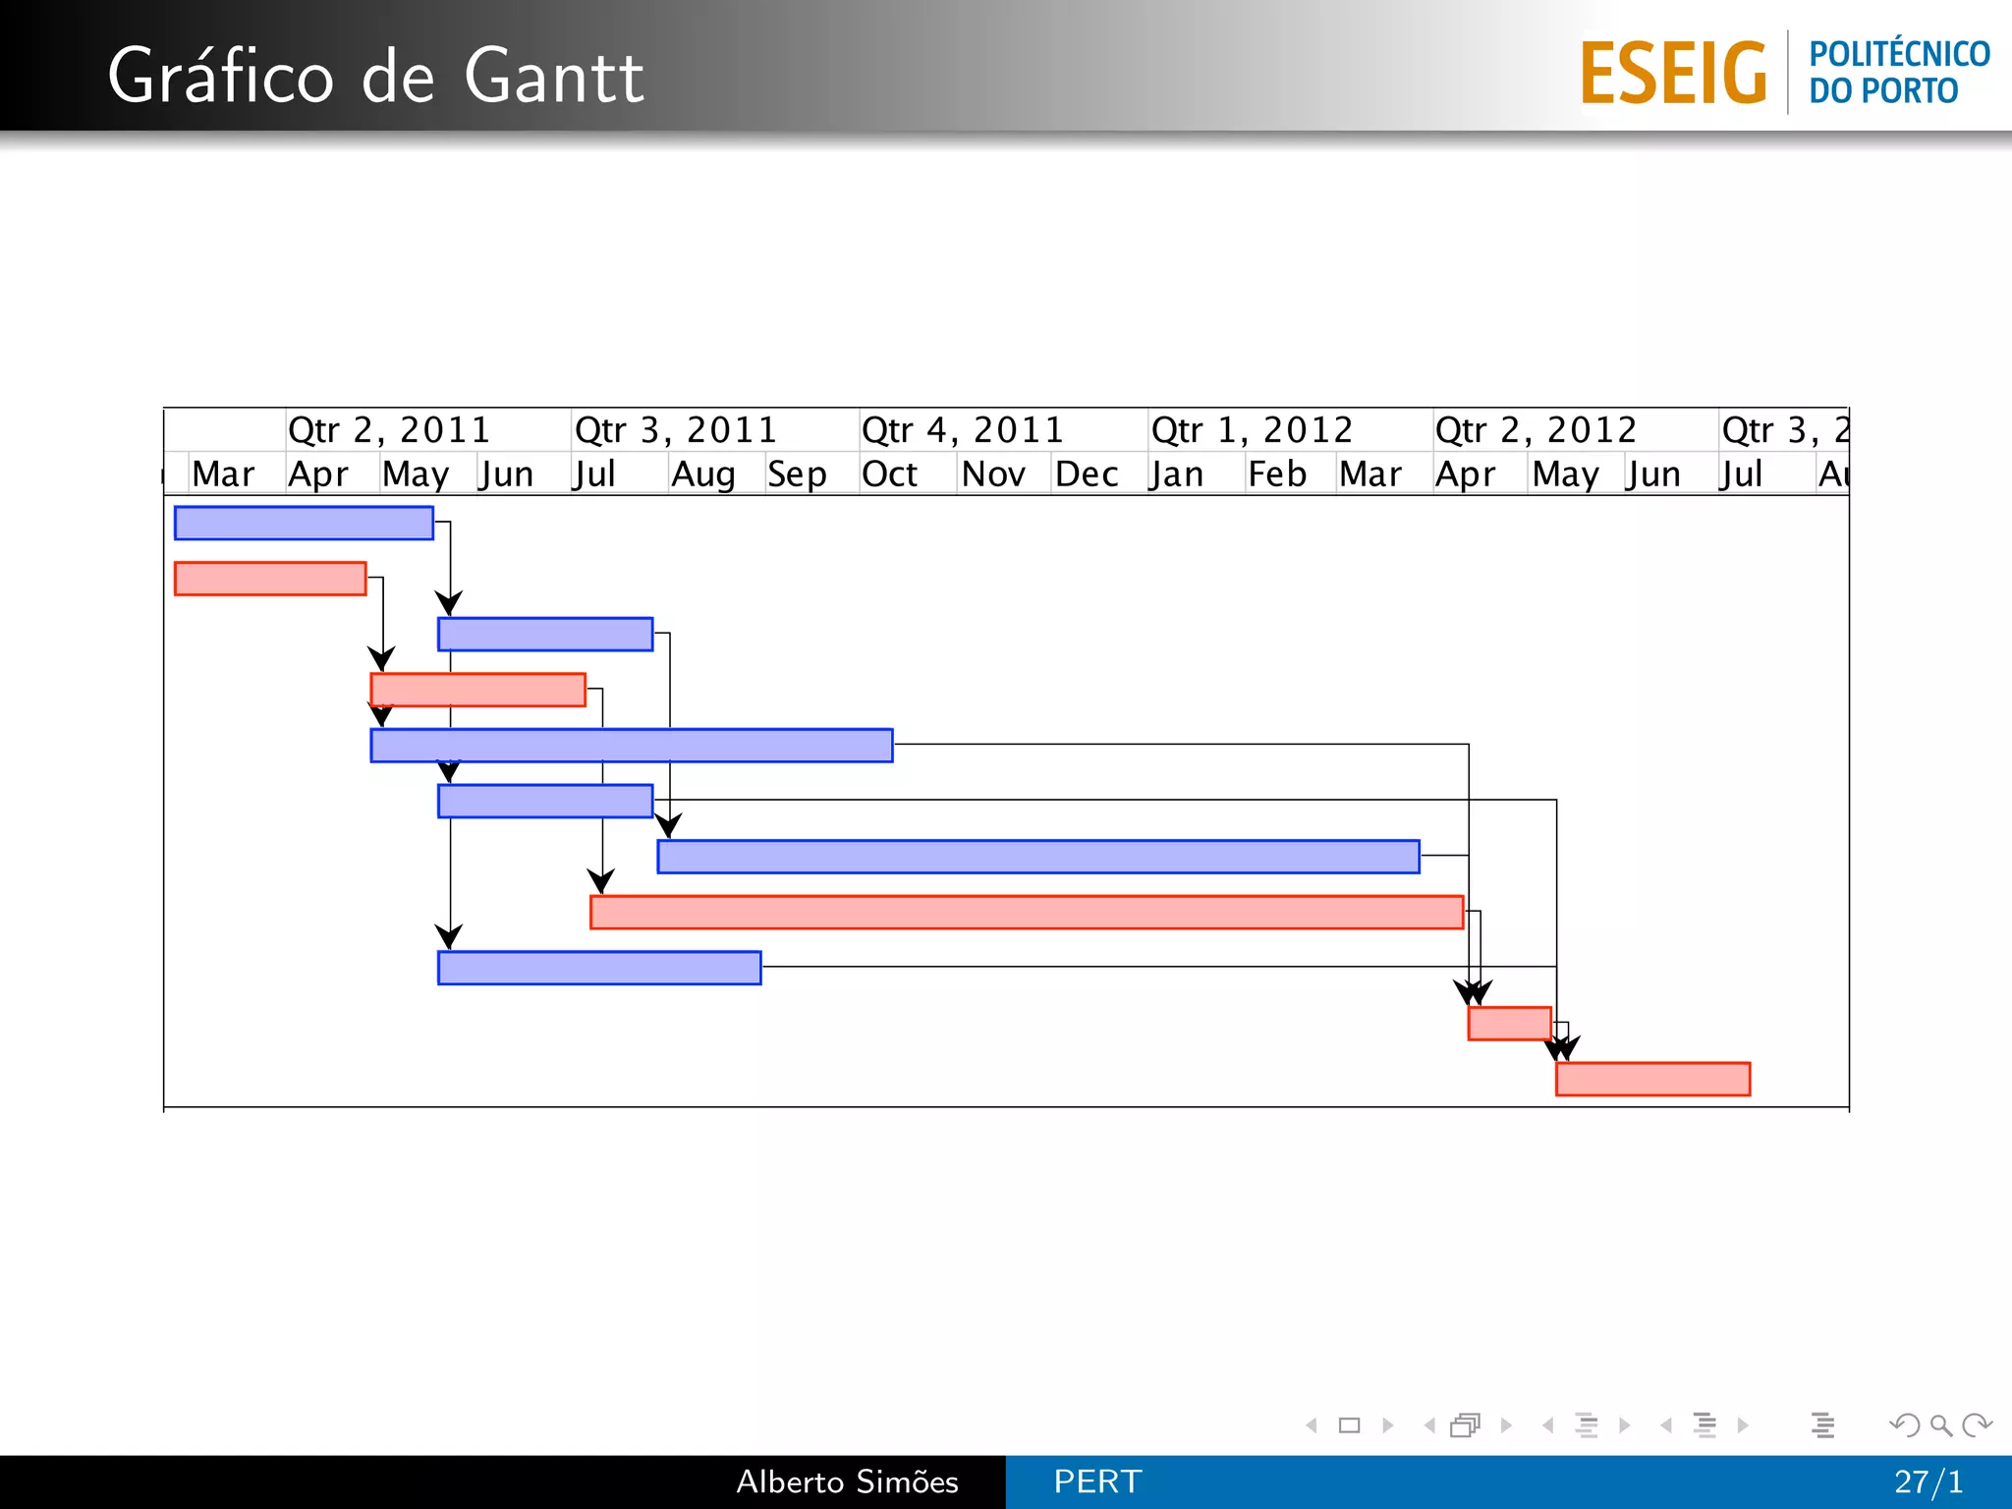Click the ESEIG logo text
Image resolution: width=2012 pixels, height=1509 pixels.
[1673, 74]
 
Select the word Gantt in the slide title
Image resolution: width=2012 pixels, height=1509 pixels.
[553, 77]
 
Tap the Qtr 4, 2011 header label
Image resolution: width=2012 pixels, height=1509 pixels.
[963, 430]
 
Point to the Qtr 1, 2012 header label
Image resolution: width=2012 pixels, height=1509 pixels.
[1252, 430]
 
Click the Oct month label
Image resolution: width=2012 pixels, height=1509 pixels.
[889, 475]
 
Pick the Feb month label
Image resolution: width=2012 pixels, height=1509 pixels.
[1276, 475]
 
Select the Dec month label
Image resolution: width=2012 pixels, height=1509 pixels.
[1087, 475]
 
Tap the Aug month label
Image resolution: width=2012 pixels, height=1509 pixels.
[702, 475]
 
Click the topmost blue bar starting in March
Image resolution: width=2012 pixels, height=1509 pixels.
[304, 523]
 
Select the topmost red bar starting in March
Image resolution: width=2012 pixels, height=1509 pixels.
[270, 579]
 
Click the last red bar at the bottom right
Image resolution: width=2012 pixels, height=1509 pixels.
[1652, 1079]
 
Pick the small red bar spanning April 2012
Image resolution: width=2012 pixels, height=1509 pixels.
[1509, 1023]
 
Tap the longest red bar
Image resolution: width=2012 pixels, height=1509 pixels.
[1027, 912]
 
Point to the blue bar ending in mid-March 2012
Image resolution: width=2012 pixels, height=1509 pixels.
[1038, 857]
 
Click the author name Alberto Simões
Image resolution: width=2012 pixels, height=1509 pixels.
[847, 1481]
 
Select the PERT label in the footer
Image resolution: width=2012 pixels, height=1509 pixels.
[1097, 1481]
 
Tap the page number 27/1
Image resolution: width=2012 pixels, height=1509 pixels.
[1928, 1481]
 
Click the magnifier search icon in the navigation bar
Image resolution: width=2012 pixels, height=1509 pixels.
[1940, 1425]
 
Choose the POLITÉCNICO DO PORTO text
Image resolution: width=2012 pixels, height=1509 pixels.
[1898, 72]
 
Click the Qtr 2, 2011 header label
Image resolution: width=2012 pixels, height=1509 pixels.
[389, 430]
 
